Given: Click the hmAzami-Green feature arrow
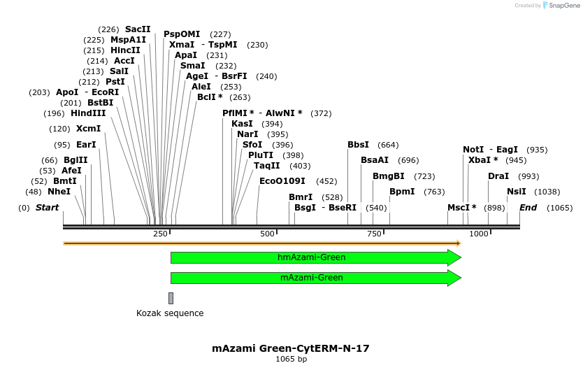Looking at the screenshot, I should click(312, 257).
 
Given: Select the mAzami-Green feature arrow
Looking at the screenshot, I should click(312, 278).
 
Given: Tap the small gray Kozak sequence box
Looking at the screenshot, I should click(171, 298).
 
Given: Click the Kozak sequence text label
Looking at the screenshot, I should click(170, 313).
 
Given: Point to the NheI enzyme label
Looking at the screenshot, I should click(59, 192).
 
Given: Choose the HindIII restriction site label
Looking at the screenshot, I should click(88, 113).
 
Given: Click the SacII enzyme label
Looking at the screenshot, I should click(138, 29).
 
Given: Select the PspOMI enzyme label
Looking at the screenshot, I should click(182, 34).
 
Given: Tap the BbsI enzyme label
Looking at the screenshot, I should click(358, 145).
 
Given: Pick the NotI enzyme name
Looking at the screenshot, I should click(473, 150).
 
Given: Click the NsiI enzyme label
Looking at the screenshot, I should click(517, 192).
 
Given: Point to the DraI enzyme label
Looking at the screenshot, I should click(498, 176).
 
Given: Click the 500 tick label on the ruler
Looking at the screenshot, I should click(268, 233).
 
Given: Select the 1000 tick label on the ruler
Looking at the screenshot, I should click(479, 233).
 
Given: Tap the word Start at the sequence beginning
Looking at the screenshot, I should click(47, 208).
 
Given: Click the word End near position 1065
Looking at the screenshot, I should click(528, 208).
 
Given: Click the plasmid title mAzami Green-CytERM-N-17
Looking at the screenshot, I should click(291, 348).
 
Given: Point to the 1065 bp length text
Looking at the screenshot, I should click(291, 360).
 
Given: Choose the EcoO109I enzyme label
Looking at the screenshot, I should click(282, 181).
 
